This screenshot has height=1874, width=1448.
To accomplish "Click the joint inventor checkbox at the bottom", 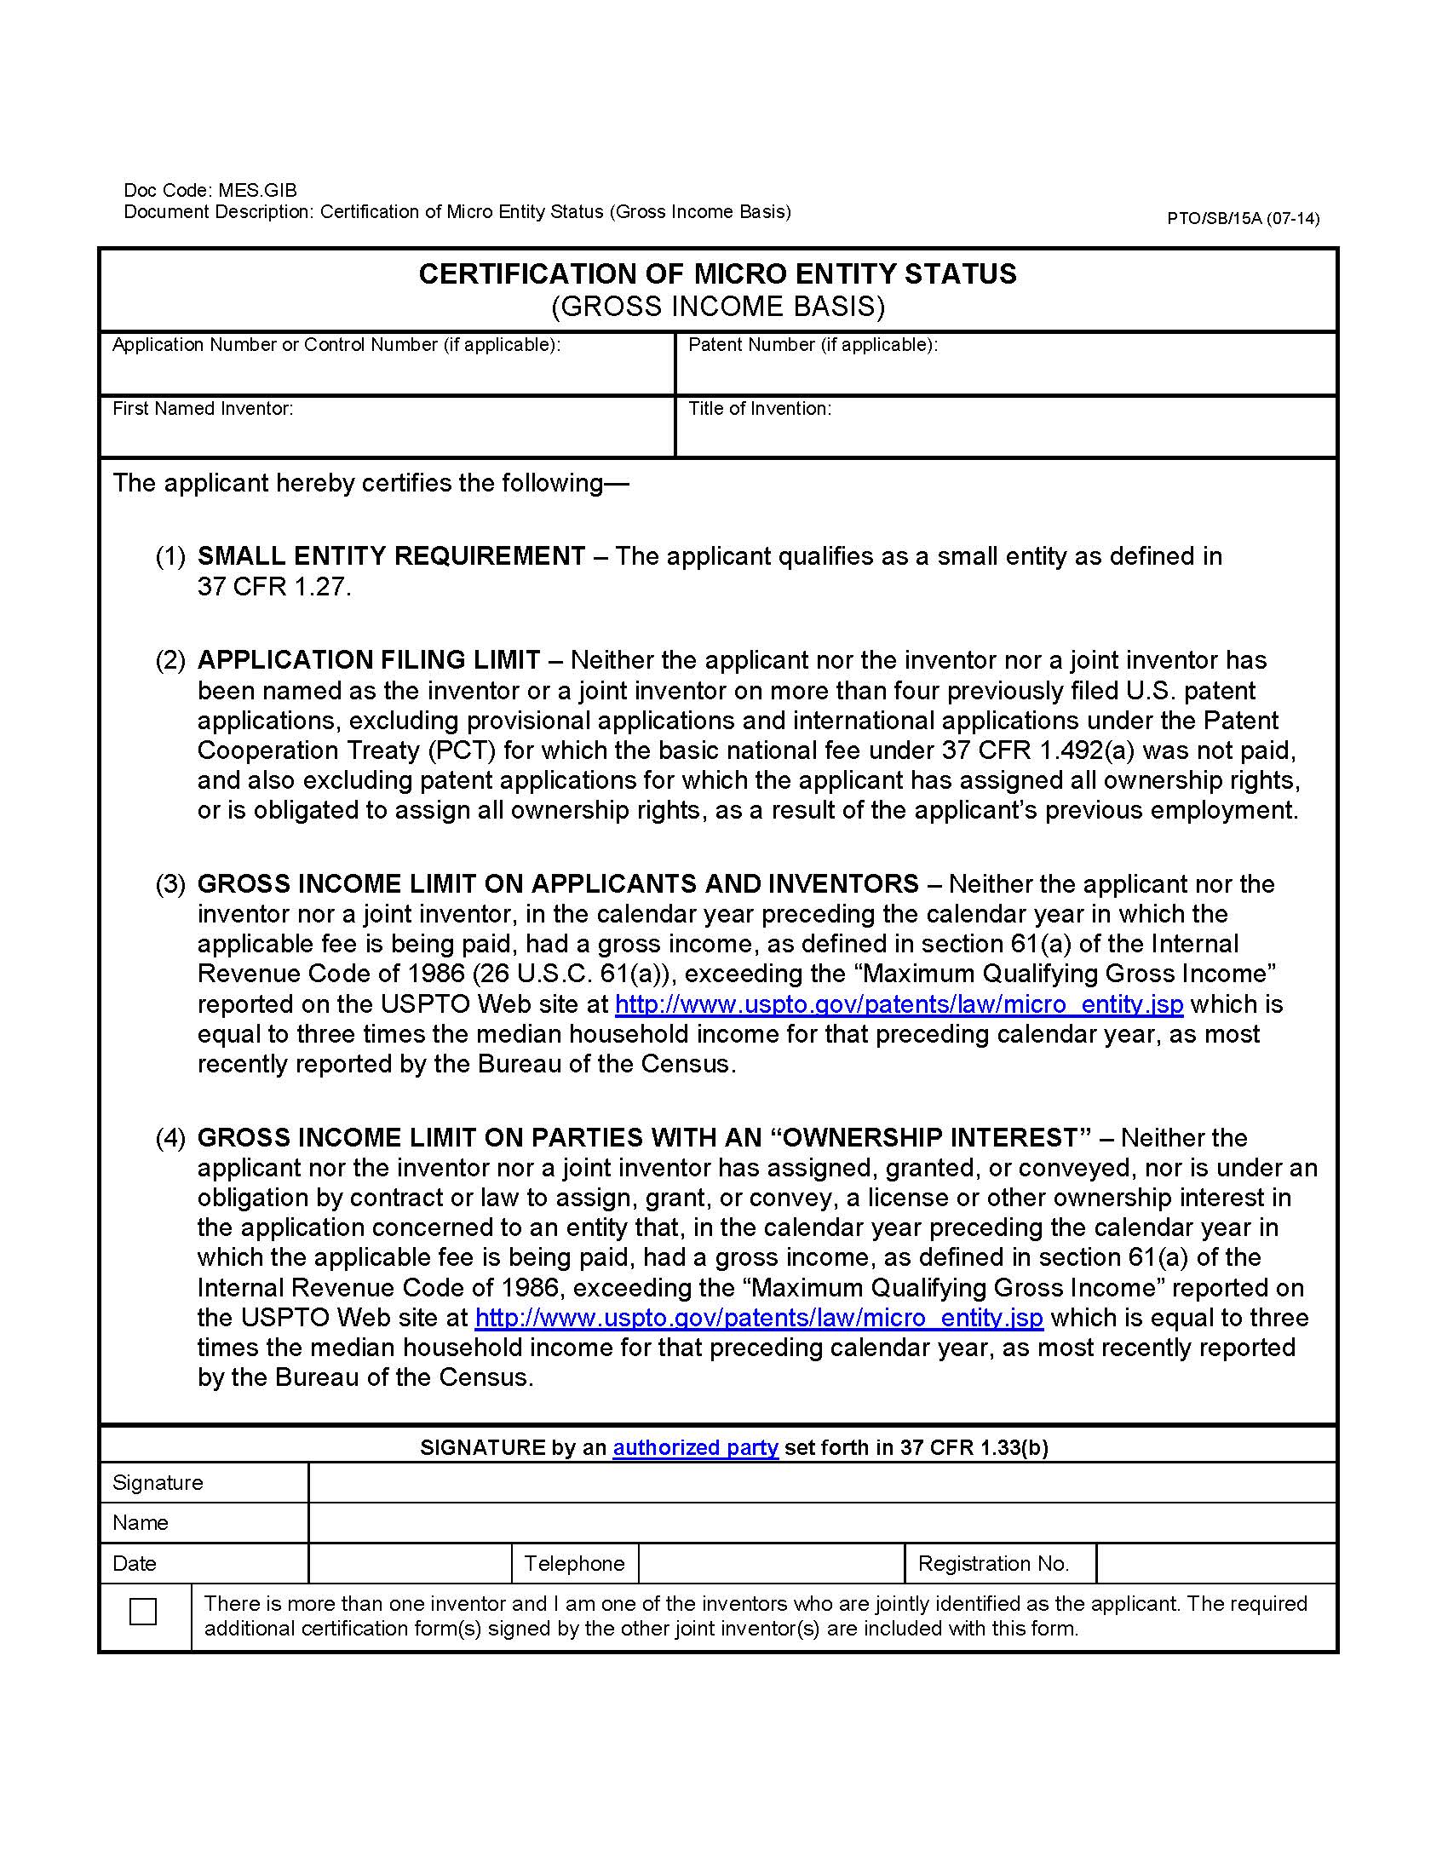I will (142, 1612).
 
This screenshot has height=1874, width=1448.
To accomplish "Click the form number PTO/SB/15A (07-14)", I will (1242, 218).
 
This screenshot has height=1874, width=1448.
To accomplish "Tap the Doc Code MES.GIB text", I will (210, 191).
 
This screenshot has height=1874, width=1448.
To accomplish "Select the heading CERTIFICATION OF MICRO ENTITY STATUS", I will (717, 273).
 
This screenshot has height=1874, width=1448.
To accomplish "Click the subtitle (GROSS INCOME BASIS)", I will (717, 307).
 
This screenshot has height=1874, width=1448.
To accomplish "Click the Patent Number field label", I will (813, 345).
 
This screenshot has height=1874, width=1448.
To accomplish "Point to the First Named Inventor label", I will (203, 409).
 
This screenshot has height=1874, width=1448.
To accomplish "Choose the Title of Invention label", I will (759, 409).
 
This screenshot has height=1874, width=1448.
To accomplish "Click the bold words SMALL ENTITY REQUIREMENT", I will (391, 556).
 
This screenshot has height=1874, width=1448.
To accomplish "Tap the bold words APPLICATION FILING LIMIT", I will (369, 660).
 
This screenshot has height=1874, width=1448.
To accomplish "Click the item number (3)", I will (170, 884).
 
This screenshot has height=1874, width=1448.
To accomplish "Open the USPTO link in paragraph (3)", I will (898, 1004).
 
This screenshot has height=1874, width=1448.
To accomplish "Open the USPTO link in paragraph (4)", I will (758, 1318).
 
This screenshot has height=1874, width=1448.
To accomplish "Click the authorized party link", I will (695, 1447).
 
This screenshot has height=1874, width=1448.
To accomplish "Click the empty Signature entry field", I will (821, 1483).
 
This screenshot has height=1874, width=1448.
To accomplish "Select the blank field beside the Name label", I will (821, 1522).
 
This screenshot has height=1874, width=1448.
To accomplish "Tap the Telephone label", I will (574, 1563).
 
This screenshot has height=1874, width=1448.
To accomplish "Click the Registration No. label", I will (992, 1563).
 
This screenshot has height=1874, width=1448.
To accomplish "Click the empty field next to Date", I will (409, 1563).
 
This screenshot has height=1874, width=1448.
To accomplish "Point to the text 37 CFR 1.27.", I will (273, 587).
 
